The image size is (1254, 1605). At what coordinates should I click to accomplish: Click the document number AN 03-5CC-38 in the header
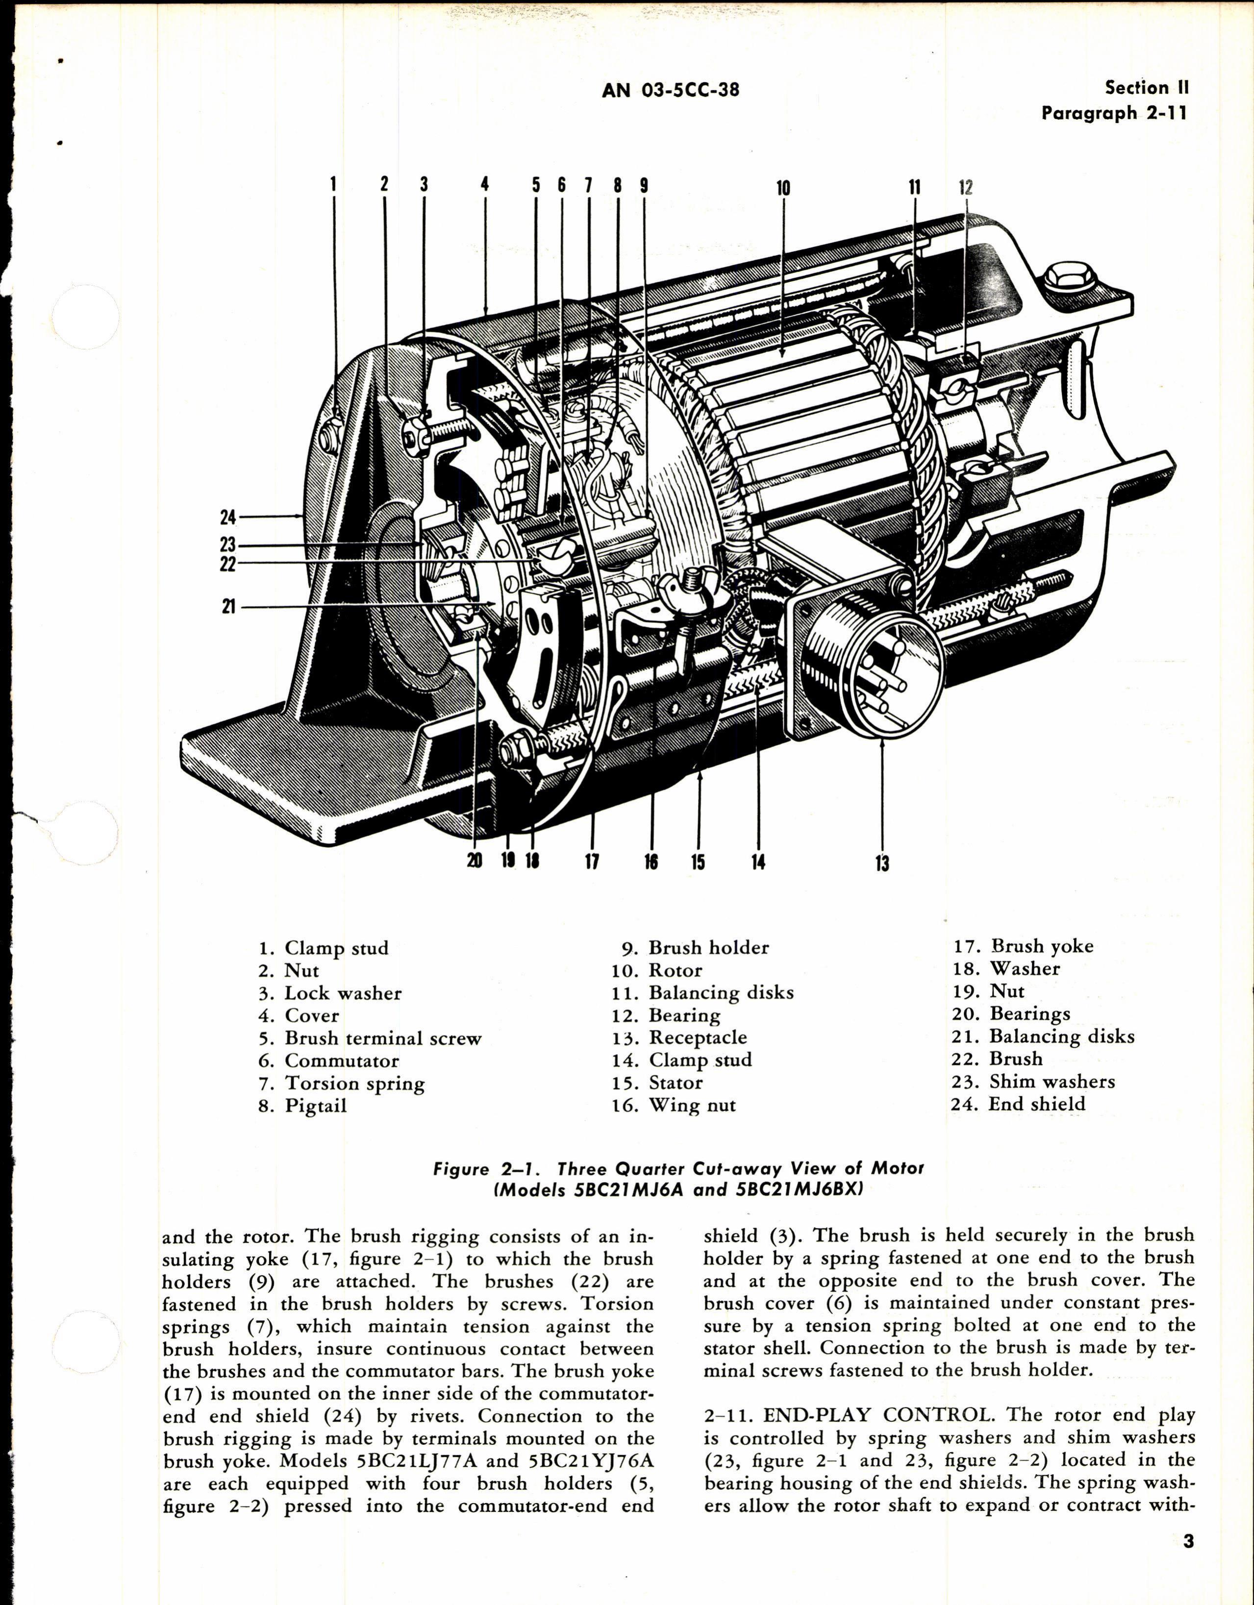click(x=670, y=90)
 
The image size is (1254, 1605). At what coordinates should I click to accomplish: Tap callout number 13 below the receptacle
click(x=882, y=863)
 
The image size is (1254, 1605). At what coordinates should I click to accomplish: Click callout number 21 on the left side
click(x=228, y=607)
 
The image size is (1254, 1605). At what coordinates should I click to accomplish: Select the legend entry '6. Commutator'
click(x=328, y=1061)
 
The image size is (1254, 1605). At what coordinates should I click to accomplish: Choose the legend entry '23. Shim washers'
click(x=1033, y=1081)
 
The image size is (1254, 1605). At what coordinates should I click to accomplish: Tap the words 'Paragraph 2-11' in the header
click(x=1114, y=113)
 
